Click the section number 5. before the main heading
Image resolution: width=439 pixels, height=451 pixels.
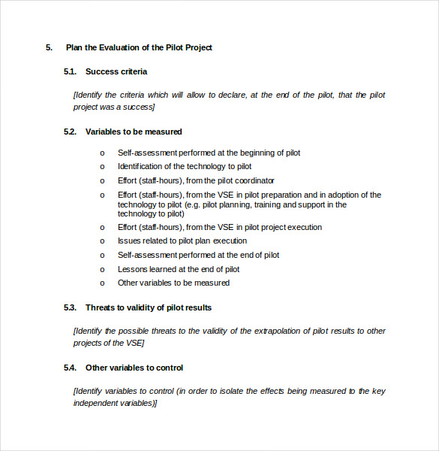[49, 47]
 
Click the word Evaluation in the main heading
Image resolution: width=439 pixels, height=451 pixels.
[111, 47]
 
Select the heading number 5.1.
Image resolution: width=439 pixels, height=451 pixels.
[71, 71]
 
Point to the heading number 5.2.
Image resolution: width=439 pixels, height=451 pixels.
[71, 132]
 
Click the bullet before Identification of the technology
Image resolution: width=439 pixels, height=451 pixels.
[103, 167]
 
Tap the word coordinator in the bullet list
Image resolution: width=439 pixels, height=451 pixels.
[254, 180]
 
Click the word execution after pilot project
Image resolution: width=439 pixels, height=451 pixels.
[301, 227]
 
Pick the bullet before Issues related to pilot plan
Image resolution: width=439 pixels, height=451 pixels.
[103, 241]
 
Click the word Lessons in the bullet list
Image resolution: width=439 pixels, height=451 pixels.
[134, 269]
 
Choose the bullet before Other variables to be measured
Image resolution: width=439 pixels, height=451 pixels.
[103, 283]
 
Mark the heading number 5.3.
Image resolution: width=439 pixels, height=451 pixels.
[71, 307]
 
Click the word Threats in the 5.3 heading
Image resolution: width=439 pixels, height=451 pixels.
[101, 307]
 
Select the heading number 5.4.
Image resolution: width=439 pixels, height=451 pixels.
[71, 368]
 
